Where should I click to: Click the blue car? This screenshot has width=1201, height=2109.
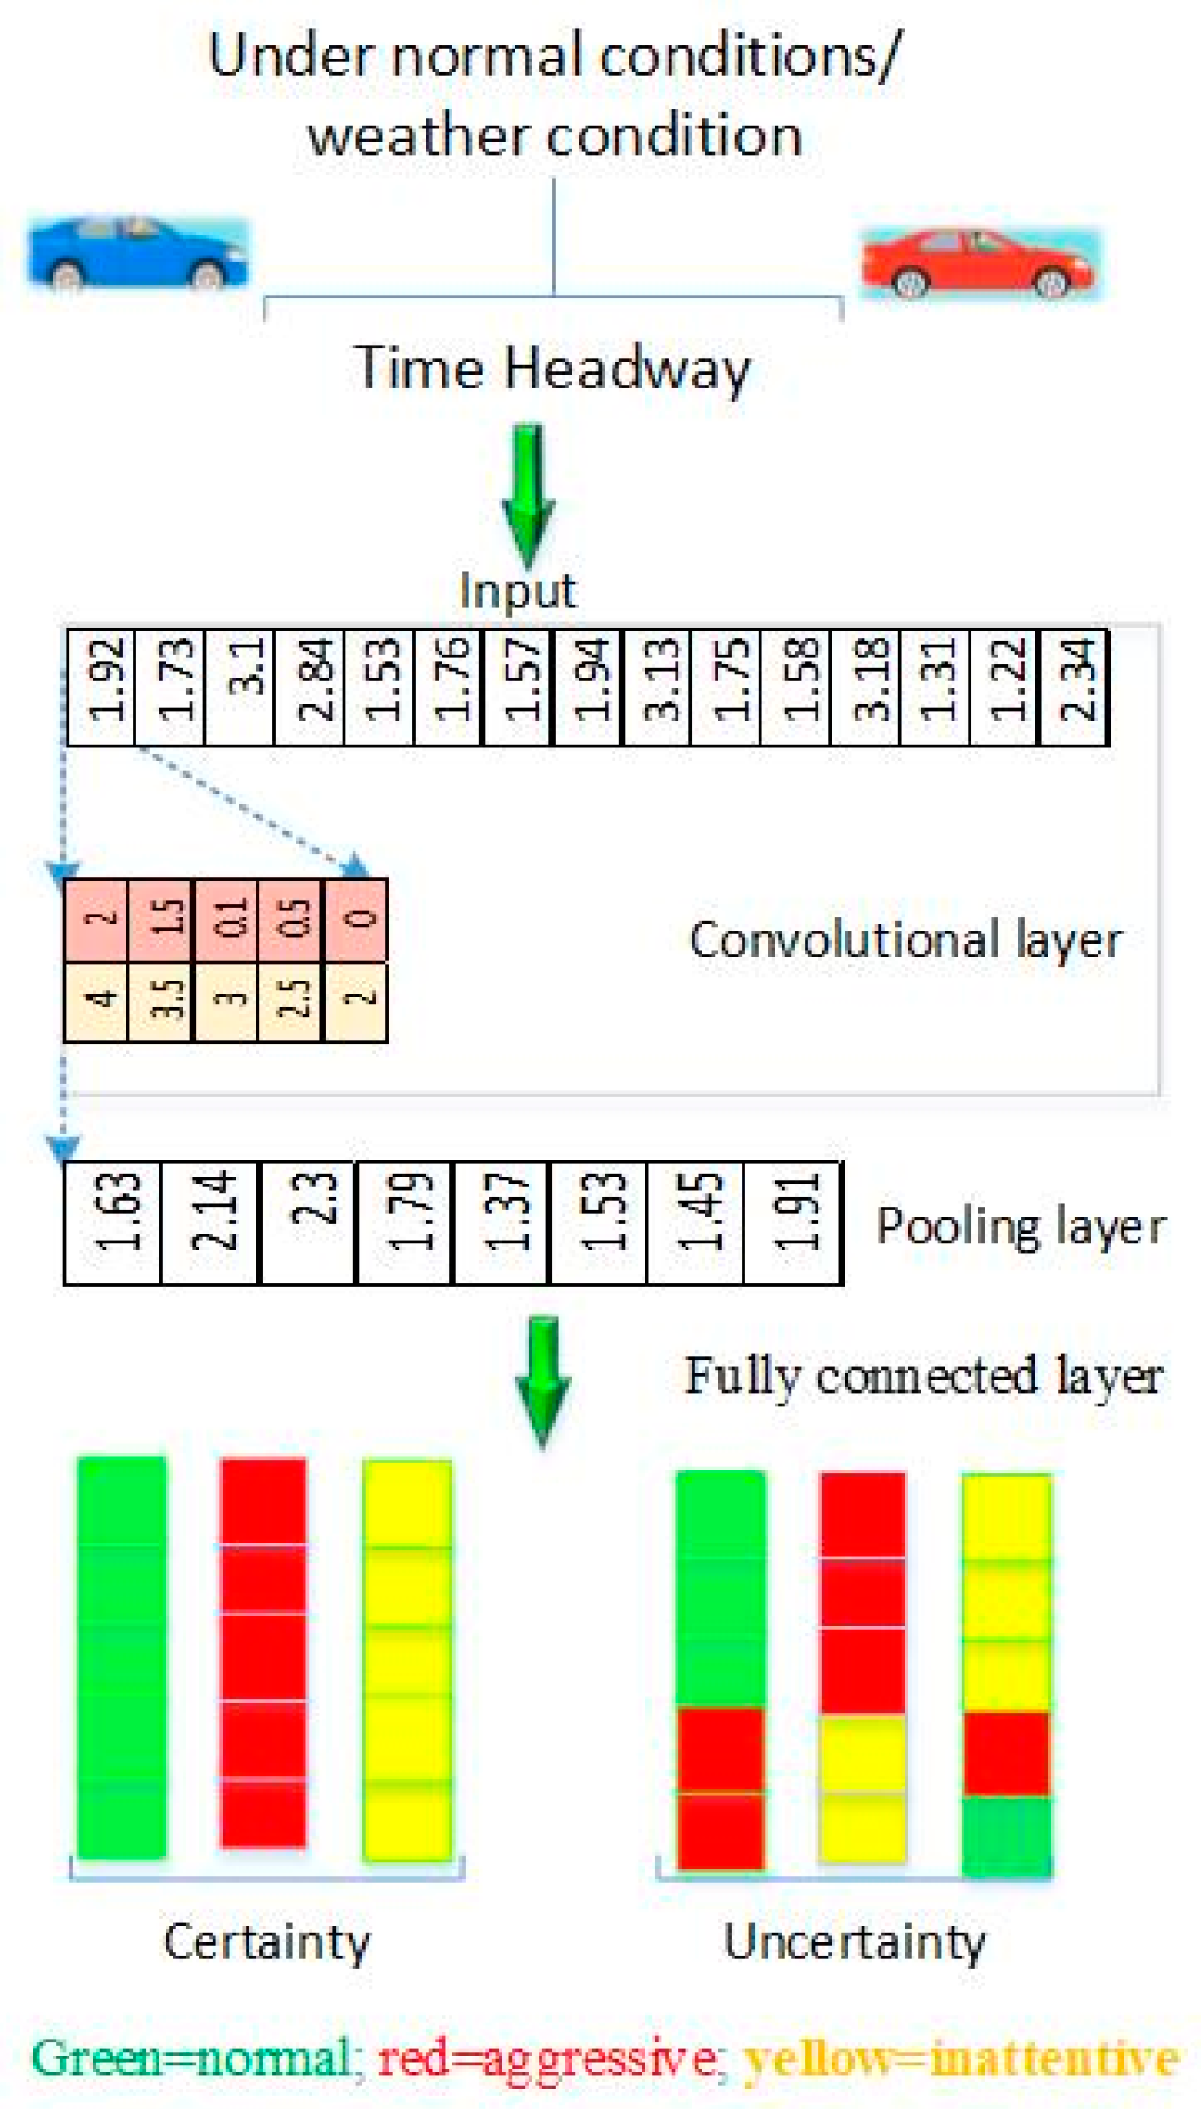[138, 253]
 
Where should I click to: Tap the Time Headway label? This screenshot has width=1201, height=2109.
[552, 367]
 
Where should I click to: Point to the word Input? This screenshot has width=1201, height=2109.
[517, 590]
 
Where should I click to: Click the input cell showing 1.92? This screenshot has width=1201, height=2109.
[102, 687]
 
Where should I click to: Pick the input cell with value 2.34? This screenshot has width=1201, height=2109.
[1075, 687]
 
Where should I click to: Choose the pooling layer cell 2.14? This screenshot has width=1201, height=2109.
[211, 1221]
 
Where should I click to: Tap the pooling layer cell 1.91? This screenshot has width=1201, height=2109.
[793, 1221]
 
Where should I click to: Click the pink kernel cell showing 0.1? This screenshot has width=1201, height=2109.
[226, 919]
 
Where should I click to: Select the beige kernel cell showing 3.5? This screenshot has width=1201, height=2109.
[161, 1001]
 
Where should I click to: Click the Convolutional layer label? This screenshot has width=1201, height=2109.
[905, 940]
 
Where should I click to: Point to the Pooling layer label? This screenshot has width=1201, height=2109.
[1020, 1226]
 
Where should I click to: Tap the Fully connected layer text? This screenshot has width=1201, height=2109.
[923, 1376]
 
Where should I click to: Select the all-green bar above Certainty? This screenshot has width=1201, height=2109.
[122, 1657]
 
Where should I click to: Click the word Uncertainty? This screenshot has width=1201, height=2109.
[854, 1942]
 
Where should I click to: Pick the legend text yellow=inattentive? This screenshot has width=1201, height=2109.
[962, 2058]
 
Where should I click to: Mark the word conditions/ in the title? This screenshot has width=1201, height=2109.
[750, 55]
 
